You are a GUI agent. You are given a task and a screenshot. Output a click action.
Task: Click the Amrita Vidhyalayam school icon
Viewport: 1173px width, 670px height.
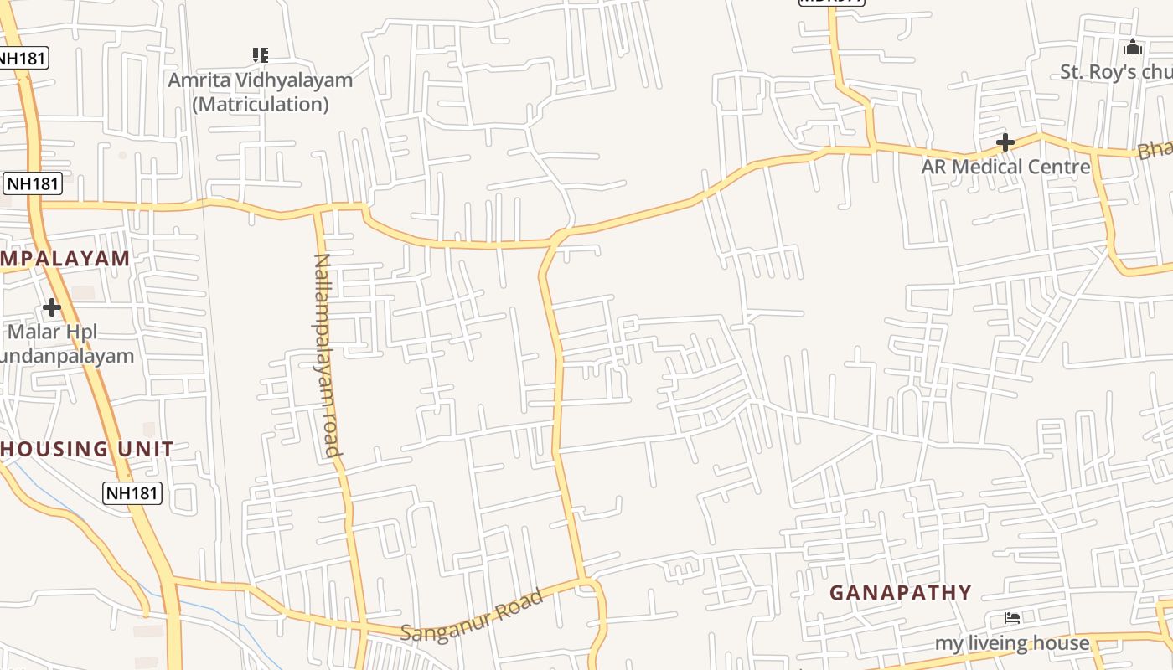(x=261, y=55)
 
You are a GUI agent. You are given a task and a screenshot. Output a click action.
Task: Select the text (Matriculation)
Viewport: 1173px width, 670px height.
(x=260, y=104)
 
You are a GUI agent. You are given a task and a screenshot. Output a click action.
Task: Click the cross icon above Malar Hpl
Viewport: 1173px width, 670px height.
(x=52, y=307)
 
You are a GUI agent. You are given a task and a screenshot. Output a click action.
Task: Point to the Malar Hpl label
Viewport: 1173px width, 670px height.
(x=52, y=332)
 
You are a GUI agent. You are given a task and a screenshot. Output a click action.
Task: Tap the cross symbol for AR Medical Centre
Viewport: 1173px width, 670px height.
(x=1005, y=142)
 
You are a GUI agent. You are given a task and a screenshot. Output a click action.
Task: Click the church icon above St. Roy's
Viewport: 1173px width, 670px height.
(x=1133, y=47)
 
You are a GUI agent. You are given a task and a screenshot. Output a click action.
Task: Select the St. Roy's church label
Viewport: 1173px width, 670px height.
(x=1116, y=72)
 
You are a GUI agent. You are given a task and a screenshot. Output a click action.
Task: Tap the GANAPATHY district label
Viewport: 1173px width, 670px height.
(x=901, y=593)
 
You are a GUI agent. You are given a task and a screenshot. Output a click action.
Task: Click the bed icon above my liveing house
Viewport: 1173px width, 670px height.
(x=1012, y=618)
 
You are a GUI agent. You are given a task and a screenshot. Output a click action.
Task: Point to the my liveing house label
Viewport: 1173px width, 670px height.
(x=1012, y=643)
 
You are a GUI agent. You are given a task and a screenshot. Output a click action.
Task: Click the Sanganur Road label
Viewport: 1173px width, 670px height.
(x=471, y=616)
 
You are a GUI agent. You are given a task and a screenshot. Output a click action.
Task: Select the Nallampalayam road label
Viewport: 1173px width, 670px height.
(x=326, y=355)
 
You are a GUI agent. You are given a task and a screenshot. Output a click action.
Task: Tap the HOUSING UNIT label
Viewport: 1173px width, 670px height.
(x=87, y=449)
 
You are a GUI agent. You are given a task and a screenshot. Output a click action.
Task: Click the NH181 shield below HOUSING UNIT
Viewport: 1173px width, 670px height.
(x=132, y=493)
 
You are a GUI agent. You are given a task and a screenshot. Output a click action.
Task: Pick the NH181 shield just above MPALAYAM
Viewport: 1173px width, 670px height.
(x=33, y=183)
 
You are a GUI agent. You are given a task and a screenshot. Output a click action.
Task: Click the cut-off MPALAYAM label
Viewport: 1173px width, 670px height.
(x=65, y=258)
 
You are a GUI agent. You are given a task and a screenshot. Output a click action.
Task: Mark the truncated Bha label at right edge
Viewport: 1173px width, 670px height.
(x=1155, y=149)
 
